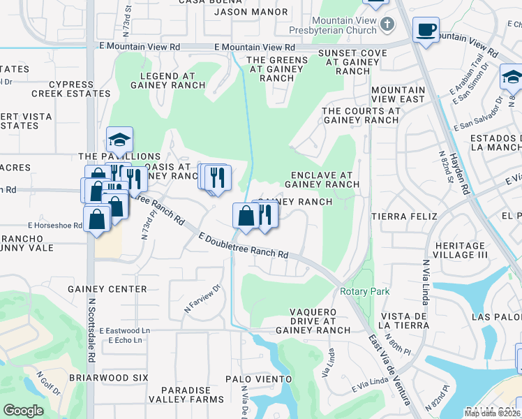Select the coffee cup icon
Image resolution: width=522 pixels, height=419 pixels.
426,30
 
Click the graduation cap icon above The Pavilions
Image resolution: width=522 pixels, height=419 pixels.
119,139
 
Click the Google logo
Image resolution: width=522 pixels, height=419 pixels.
23,411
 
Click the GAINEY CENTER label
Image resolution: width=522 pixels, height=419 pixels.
107,289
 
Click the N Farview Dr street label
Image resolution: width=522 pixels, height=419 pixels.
202,297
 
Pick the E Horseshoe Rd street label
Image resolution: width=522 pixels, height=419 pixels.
55,226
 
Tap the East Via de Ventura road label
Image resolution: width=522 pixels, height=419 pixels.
389,369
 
